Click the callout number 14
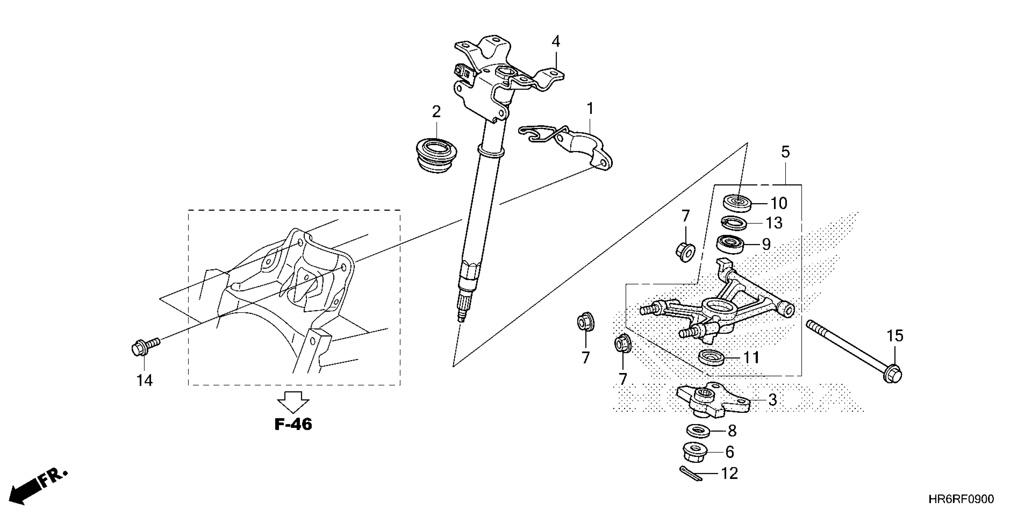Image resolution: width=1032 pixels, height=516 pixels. [x=144, y=380]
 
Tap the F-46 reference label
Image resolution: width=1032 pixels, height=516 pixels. [x=293, y=424]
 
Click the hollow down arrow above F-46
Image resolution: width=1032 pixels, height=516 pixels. [x=294, y=402]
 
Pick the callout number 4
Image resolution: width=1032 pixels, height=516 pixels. [x=556, y=41]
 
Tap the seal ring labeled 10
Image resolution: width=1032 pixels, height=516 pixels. [x=738, y=203]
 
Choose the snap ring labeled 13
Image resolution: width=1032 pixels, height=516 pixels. [x=734, y=223]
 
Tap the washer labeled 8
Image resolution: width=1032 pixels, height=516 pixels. [x=699, y=431]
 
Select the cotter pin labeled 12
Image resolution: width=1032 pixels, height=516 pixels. [x=690, y=473]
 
